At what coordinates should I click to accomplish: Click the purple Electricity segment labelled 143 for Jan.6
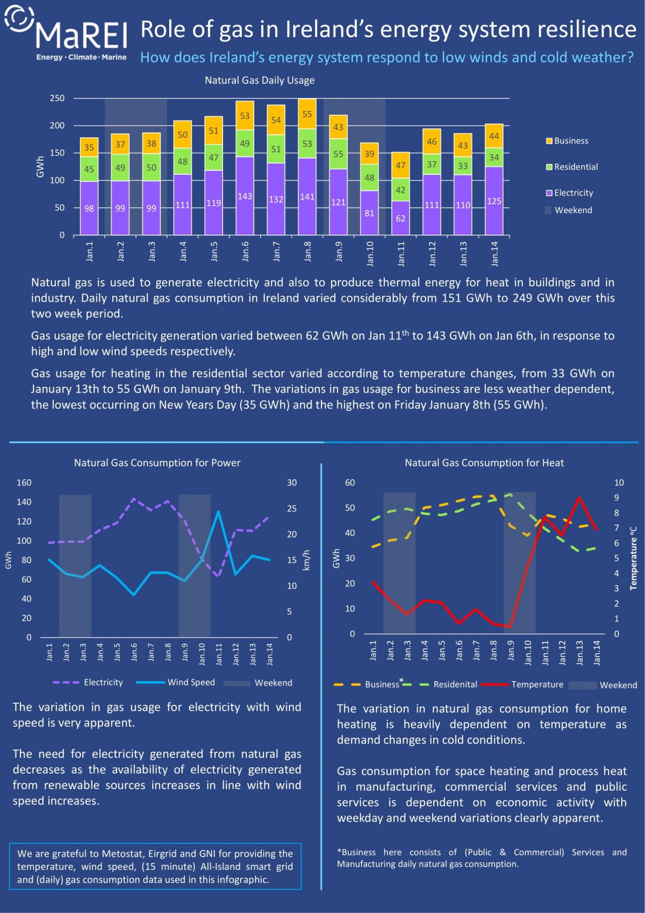[245, 196]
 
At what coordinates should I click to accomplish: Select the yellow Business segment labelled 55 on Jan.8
[307, 114]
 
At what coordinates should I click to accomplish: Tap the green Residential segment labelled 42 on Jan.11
[400, 190]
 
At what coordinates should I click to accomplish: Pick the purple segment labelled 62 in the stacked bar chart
[400, 218]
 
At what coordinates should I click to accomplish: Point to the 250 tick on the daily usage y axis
[57, 98]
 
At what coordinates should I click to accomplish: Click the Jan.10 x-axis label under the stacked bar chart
[370, 253]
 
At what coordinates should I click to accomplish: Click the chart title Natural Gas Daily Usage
[260, 80]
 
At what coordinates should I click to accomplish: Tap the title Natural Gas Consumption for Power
[157, 463]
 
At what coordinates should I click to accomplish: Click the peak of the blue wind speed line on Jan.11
[218, 511]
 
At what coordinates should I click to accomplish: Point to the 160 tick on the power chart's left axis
[24, 483]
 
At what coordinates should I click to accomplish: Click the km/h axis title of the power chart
[307, 560]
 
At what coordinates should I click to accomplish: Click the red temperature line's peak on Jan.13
[579, 498]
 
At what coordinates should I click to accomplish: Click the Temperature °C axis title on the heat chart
[633, 558]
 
